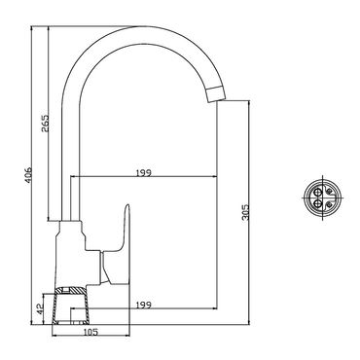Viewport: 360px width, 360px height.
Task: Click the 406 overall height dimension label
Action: tap(28, 175)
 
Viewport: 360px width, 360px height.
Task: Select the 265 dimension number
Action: tap(45, 123)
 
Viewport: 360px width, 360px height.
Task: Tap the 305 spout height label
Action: tap(245, 212)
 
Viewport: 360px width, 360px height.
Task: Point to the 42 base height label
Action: tap(40, 308)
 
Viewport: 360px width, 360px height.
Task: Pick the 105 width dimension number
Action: tap(90, 332)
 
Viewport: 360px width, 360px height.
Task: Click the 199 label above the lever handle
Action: tap(144, 172)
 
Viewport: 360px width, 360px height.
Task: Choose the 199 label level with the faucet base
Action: tap(144, 305)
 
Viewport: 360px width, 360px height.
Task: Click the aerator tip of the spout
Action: tap(215, 94)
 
